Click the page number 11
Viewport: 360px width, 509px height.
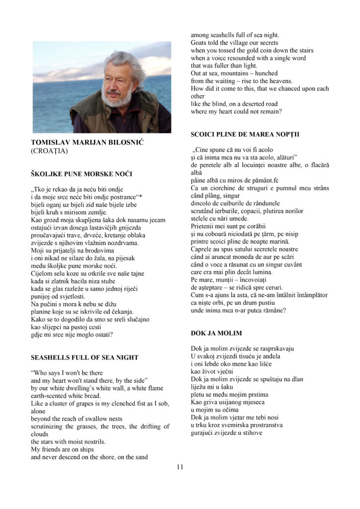[180, 467]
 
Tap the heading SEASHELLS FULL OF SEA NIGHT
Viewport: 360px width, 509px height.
[85, 357]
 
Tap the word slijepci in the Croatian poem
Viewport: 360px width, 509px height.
[54, 327]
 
